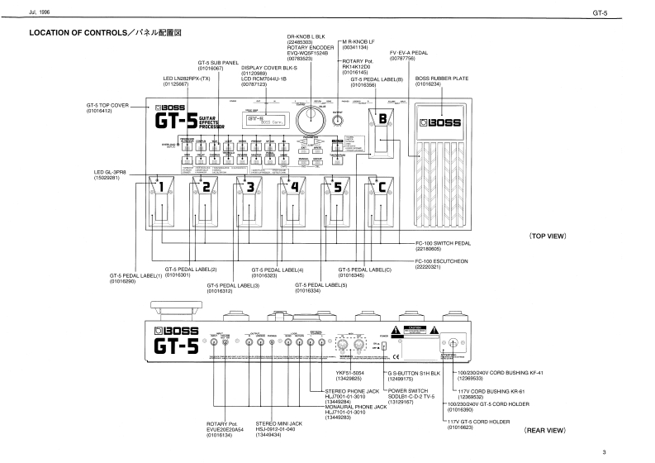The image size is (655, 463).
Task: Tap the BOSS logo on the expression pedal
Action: coord(444,125)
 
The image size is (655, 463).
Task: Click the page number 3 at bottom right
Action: coord(627,451)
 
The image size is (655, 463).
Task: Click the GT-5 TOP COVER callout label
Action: coord(108,108)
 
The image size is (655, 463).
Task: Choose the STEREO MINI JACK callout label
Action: coord(279,425)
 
